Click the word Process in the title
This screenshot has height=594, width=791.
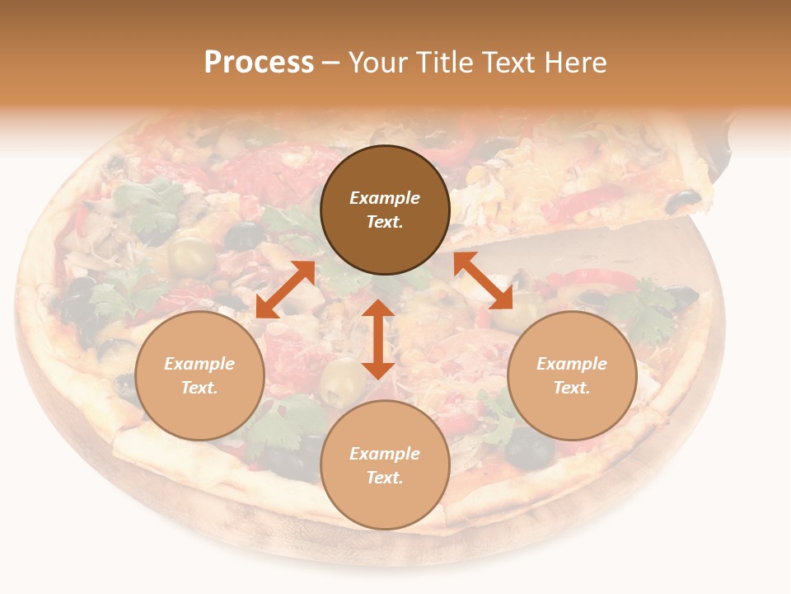click(259, 63)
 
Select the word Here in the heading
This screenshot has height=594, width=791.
click(574, 63)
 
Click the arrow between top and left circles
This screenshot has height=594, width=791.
click(285, 289)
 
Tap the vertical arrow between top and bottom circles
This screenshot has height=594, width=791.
click(378, 339)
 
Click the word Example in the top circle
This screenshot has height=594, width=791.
click(385, 198)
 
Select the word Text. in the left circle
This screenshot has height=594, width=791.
click(199, 388)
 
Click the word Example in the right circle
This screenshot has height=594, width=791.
click(572, 364)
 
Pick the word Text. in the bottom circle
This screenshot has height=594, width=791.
click(385, 478)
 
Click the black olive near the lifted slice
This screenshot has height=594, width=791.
click(682, 200)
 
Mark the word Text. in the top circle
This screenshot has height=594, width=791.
click(385, 222)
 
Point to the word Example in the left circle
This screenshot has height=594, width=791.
click(199, 364)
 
